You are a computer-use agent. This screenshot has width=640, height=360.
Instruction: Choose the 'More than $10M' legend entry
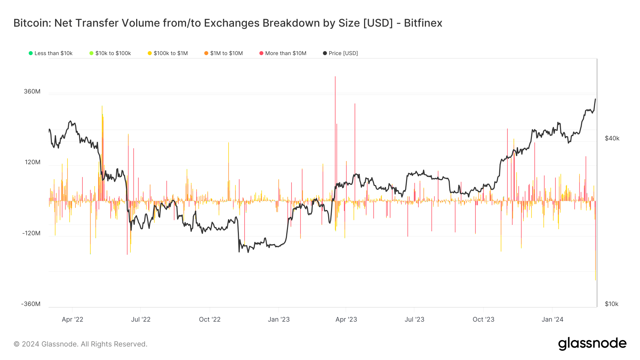283,53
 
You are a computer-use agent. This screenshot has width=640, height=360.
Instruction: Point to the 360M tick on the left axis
32,91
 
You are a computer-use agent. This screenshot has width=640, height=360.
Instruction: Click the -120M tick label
31,233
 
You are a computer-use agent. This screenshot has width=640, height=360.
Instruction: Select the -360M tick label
31,304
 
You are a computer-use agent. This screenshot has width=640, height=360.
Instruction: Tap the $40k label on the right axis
612,138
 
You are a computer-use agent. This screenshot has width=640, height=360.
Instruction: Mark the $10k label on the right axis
612,304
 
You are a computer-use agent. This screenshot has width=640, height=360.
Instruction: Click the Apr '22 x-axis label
73,319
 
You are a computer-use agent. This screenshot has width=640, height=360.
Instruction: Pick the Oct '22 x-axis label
210,319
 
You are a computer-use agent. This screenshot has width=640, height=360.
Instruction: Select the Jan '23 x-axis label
279,319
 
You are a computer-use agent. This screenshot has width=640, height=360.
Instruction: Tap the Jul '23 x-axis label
415,319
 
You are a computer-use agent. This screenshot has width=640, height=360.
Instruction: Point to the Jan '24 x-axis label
553,319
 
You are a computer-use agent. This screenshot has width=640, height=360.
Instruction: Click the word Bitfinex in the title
423,23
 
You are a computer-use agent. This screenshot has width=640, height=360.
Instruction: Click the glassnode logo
592,344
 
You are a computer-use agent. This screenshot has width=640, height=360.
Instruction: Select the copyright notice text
80,344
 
